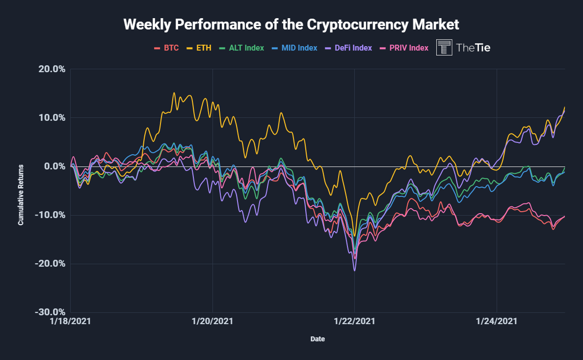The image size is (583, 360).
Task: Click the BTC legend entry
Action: pos(167,48)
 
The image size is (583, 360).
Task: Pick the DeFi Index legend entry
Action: pos(349,48)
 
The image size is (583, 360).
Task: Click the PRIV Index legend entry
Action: pos(405,48)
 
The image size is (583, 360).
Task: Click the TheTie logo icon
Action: pos(444,47)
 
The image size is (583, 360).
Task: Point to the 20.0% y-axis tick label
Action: pos(52,69)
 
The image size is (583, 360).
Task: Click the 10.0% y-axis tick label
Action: pos(52,117)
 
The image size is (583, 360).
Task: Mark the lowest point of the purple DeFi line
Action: pos(355,271)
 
